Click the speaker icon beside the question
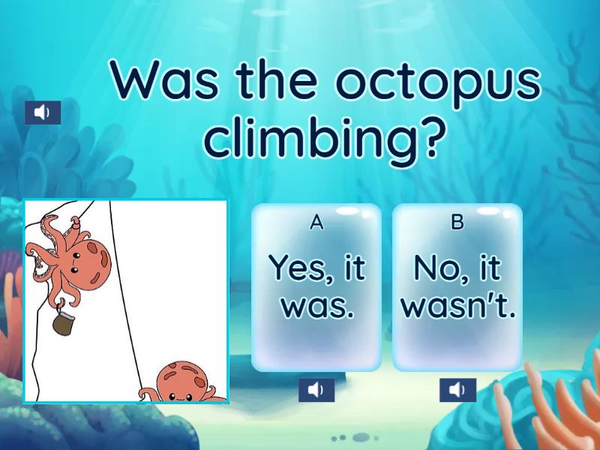tap(43, 112)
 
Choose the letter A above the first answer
tap(316, 222)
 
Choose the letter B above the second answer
tap(457, 222)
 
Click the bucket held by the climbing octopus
tap(62, 324)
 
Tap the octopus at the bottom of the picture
tap(184, 382)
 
